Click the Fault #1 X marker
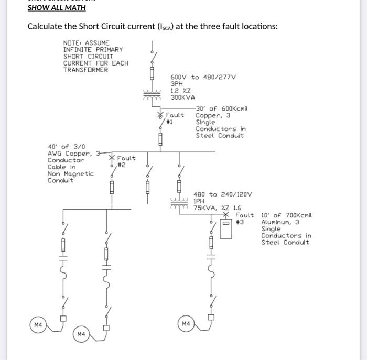point(160,115)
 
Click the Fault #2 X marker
point(112,158)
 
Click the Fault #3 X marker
point(226,214)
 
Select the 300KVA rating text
point(182,97)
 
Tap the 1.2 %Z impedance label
point(180,91)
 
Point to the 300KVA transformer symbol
point(152,94)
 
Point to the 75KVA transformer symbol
point(179,203)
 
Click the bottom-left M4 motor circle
point(38,325)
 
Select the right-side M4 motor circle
point(186,323)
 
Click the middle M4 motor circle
point(81,334)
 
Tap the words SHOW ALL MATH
point(57,8)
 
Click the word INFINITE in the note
point(78,50)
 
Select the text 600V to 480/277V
point(203,77)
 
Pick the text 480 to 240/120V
point(223,194)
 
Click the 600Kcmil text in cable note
point(234,109)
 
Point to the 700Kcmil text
point(299,215)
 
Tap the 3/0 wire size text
point(79,147)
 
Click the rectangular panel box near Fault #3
point(226,229)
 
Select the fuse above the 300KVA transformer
point(152,73)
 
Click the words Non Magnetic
point(70,174)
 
